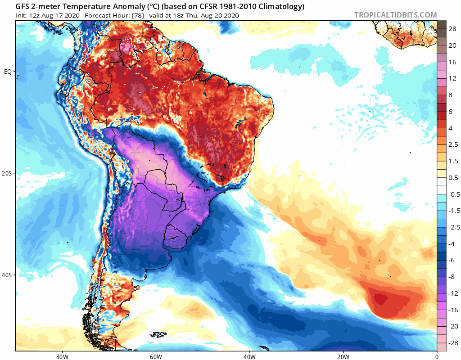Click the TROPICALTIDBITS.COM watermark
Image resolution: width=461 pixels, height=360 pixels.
(x=395, y=15)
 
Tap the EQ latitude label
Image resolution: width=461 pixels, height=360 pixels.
(x=8, y=72)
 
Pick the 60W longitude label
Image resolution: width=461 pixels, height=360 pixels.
(x=156, y=356)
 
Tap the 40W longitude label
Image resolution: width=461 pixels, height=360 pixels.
(x=249, y=356)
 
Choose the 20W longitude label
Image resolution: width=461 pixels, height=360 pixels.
(x=343, y=356)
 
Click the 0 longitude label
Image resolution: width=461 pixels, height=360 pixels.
(x=437, y=356)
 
